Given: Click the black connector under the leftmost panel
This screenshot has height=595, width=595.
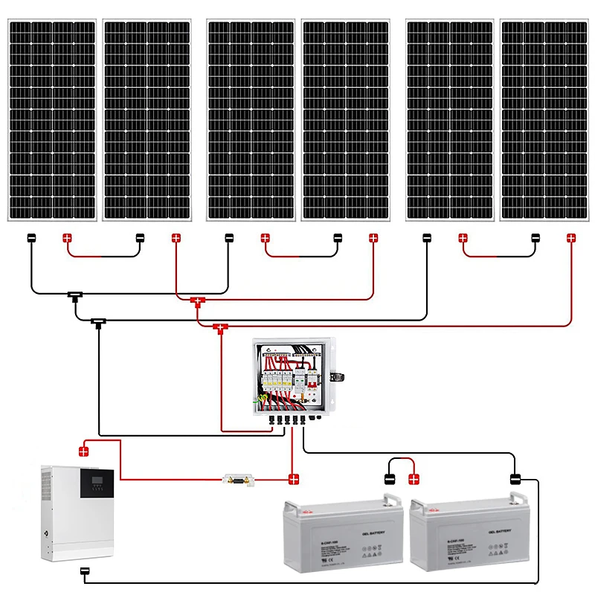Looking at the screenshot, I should point(31,238).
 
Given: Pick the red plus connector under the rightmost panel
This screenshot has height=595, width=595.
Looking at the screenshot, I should point(571,238).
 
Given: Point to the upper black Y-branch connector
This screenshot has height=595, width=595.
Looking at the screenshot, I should point(75,296).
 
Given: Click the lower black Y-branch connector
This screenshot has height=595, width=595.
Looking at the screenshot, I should point(98,323).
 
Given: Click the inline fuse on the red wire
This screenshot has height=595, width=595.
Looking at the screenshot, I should point(237,479).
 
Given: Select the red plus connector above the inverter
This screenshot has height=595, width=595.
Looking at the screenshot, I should point(84,450).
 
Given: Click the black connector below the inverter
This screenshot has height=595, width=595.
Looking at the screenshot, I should point(85,572).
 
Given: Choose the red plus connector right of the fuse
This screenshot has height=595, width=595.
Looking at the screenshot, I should point(294,479).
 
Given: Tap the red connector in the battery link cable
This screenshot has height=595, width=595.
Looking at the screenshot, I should point(414,478).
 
